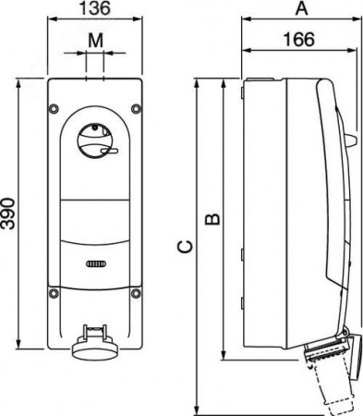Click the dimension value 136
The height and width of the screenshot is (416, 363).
(95, 8)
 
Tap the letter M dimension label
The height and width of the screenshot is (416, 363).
(95, 40)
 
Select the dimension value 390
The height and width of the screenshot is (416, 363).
(7, 214)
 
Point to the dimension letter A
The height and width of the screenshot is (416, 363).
(302, 8)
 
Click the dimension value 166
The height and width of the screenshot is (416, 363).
(299, 40)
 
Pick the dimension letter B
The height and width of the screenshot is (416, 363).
(212, 219)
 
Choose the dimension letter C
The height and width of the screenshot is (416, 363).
(186, 247)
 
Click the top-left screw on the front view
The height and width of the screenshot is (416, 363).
(54, 108)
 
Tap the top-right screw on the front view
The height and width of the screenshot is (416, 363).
(136, 108)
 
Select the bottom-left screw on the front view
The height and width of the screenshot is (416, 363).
(54, 293)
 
